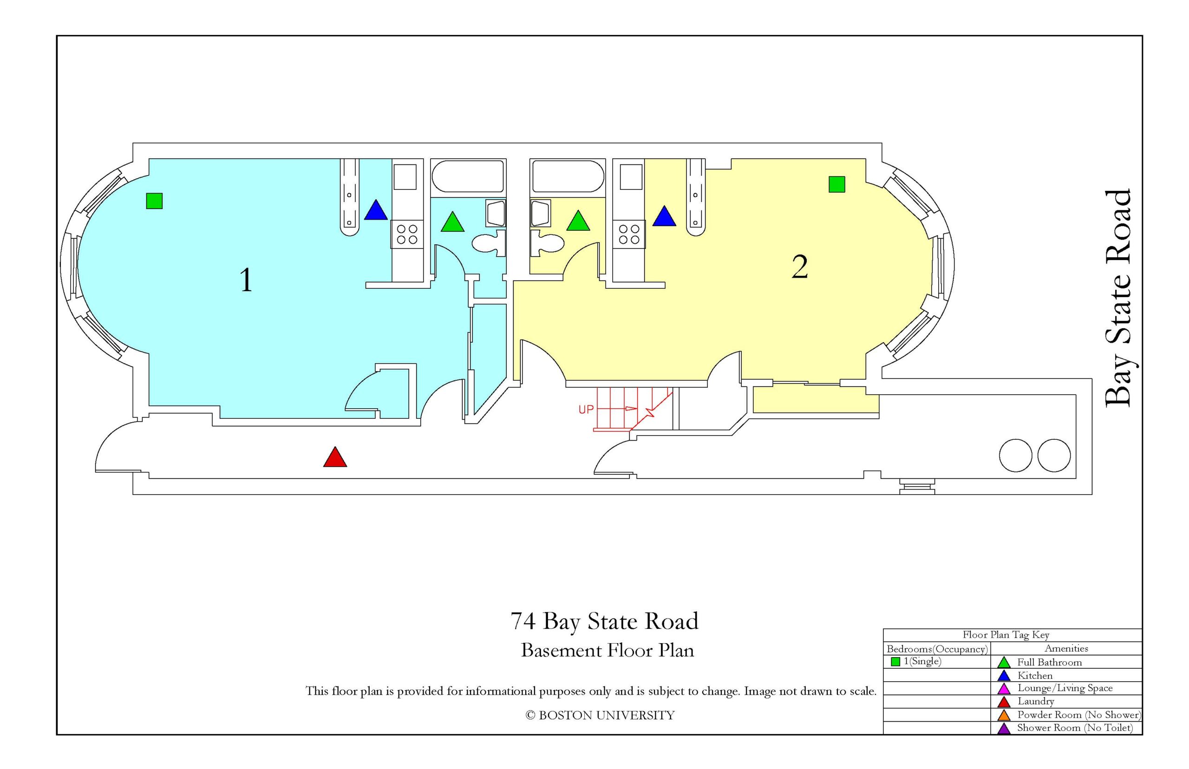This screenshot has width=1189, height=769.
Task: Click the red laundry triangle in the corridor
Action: (x=334, y=457)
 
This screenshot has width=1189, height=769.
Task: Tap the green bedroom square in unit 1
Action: (x=154, y=201)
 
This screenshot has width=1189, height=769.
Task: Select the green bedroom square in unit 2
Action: (x=836, y=184)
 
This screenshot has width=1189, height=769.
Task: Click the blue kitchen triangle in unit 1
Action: (x=376, y=211)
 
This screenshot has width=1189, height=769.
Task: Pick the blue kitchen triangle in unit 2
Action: (x=664, y=217)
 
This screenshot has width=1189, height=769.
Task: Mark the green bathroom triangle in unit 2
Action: (x=578, y=221)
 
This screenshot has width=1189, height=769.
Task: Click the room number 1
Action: (x=246, y=280)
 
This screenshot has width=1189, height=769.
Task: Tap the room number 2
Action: (x=799, y=267)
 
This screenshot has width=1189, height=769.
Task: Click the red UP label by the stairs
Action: (x=586, y=410)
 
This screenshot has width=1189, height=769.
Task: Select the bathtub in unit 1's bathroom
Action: (x=467, y=176)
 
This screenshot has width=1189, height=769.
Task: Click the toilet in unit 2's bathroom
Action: (x=547, y=243)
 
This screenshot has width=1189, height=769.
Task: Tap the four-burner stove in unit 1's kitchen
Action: (x=407, y=235)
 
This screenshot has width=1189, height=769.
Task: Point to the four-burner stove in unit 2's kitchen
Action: (x=629, y=235)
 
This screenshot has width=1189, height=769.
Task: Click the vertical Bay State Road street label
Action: (x=1117, y=298)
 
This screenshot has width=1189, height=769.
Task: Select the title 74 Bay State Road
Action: (x=604, y=621)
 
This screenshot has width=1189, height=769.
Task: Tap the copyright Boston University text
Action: (x=600, y=716)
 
